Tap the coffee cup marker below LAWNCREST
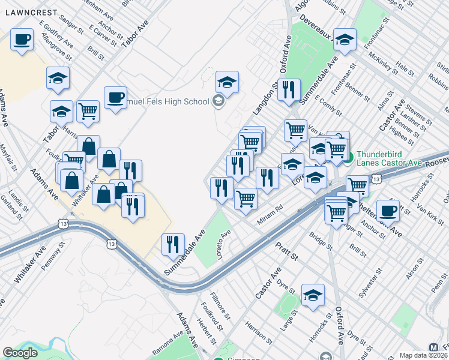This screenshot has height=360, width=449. tap(22, 40)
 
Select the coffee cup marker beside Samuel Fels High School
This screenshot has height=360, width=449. tap(115, 98)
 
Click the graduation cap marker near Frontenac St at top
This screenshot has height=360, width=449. tap(345, 40)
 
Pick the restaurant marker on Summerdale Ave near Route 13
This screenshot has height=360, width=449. tap(173, 244)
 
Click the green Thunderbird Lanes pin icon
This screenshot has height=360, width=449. tap(349, 158)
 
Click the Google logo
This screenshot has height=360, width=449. tap(20, 353)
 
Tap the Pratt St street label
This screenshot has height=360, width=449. tap(286, 251)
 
